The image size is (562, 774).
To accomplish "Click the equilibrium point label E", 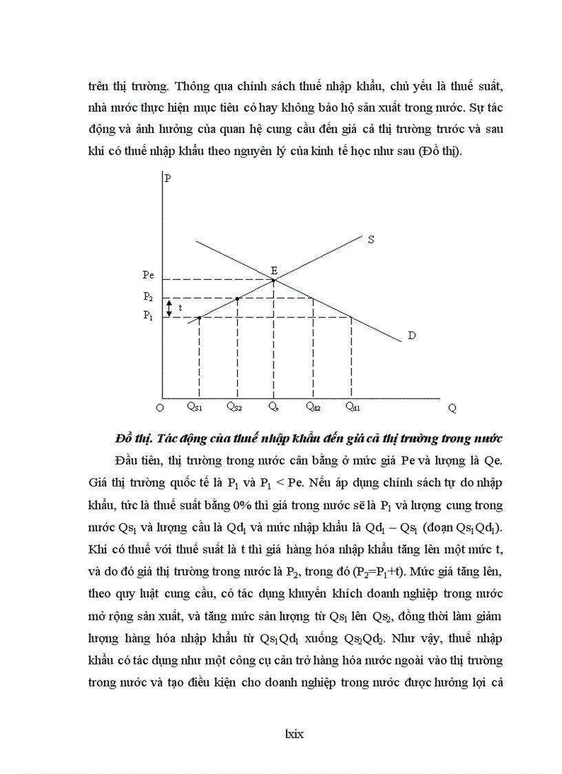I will [274, 270].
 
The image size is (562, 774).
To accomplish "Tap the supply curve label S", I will [371, 240].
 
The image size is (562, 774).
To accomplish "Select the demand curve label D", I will [412, 336].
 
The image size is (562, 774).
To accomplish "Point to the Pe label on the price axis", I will [148, 275].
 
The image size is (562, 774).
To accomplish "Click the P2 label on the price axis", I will [148, 296].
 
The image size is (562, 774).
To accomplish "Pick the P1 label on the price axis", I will [148, 316].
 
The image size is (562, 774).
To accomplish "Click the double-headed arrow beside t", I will [169, 307].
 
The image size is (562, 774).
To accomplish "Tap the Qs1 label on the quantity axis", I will [195, 407].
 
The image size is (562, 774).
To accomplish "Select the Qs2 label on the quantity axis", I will [234, 407].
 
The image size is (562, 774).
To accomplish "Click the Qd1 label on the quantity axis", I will [352, 407].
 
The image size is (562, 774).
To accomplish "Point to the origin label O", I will [159, 407].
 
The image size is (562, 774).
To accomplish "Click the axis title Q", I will [452, 407].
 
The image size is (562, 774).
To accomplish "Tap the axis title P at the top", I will [167, 178].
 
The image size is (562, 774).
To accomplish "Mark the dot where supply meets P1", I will [199, 318].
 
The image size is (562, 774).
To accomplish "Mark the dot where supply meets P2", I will [238, 298].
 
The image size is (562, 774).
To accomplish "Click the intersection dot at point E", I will [274, 280].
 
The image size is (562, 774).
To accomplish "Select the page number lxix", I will [294, 734].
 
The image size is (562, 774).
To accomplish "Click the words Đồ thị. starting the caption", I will [134, 438].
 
